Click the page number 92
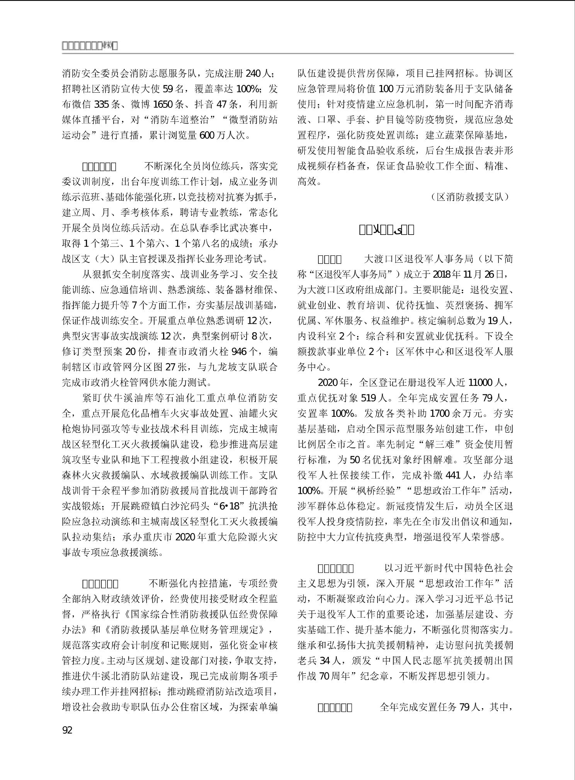pyautogui.click(x=67, y=730)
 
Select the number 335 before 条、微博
pyautogui.click(x=102, y=104)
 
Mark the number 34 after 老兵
pyautogui.click(x=325, y=661)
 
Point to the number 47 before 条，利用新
pyautogui.click(x=221, y=104)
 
